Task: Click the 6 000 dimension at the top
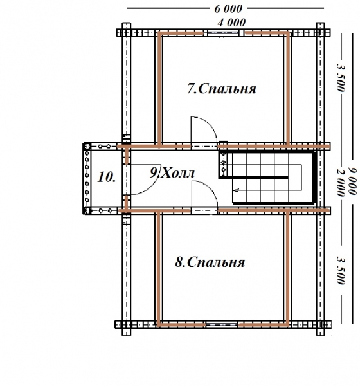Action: tap(228, 9)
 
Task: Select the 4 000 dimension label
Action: tap(231, 23)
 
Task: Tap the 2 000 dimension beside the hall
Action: tap(341, 183)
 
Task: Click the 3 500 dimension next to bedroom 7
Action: tap(341, 78)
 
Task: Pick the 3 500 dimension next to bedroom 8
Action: tap(341, 270)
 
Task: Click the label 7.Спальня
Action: tap(221, 89)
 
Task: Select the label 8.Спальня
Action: tap(210, 262)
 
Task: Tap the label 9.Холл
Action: tap(172, 173)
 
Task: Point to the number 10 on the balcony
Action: tap(106, 177)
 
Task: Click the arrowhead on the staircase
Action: tap(237, 190)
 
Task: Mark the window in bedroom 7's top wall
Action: tap(223, 33)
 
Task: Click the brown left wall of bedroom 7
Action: tap(159, 89)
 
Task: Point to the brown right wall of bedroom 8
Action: tap(287, 268)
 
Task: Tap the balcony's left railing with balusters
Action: tap(87, 178)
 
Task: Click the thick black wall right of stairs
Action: tap(314, 178)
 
